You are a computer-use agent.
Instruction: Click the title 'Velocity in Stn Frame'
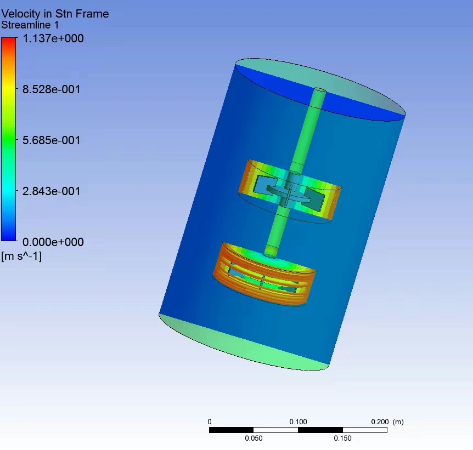(x=55, y=14)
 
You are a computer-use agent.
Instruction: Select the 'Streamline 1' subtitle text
(x=30, y=25)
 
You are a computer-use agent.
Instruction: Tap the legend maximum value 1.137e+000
(x=53, y=38)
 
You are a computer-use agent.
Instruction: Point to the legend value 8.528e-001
(x=51, y=89)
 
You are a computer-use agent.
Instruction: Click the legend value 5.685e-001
(x=51, y=140)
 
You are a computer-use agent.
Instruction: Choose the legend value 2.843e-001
(x=51, y=191)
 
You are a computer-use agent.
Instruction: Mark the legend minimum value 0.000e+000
(x=53, y=242)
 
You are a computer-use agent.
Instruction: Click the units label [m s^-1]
(x=21, y=256)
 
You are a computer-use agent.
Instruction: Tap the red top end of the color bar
(x=8, y=40)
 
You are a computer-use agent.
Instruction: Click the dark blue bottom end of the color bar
(x=8, y=238)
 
